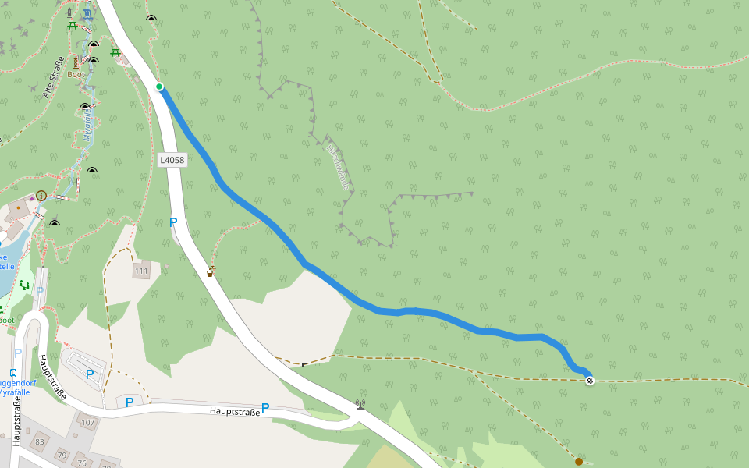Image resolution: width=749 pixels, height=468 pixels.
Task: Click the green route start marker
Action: point(159,87)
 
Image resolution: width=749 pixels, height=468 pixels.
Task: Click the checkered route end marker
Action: point(590,380)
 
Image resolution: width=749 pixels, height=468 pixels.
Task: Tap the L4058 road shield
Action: point(172,160)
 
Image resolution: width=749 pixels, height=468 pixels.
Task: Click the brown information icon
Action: point(41,195)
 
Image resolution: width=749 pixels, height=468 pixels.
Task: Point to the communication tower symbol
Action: point(360,404)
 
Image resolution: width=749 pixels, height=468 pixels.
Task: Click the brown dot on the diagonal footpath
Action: point(578,462)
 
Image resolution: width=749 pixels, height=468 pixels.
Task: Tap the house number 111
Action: point(141,271)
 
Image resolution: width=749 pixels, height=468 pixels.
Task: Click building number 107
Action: point(87,423)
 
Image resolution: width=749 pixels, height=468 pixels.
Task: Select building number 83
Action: point(40,442)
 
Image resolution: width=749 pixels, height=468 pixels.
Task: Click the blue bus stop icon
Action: point(13,373)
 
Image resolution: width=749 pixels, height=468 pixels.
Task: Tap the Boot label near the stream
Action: point(75,75)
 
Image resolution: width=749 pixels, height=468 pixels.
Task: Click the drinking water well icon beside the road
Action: point(211,271)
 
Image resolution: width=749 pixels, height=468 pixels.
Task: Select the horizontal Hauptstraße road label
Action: point(234,410)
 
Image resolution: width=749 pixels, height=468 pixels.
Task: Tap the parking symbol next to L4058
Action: point(173,222)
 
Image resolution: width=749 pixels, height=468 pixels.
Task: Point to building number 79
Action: point(62,455)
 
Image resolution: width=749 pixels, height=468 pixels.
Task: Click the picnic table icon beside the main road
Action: point(115,52)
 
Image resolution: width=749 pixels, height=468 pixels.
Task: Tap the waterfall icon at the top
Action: point(87,14)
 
